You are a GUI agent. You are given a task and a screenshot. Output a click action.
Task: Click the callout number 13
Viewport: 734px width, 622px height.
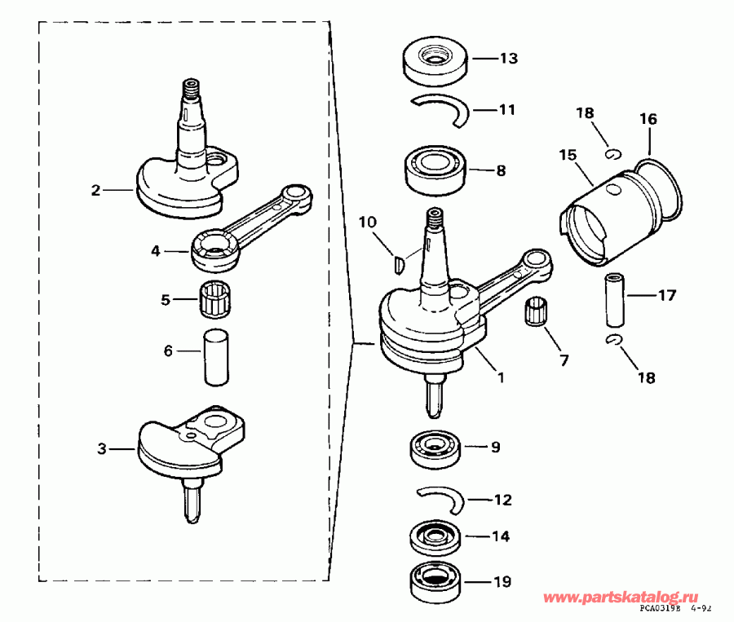[x=508, y=59]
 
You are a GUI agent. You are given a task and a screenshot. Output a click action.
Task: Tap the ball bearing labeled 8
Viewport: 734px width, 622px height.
[x=435, y=170]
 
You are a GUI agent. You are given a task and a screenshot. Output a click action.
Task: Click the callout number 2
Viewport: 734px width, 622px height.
[x=95, y=190]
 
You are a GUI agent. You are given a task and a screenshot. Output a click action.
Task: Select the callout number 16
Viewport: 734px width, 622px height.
[x=648, y=119]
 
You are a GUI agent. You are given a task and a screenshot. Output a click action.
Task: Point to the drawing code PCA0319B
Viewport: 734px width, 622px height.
[x=658, y=608]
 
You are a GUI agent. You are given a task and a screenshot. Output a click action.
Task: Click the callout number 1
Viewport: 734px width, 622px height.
[x=501, y=378]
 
